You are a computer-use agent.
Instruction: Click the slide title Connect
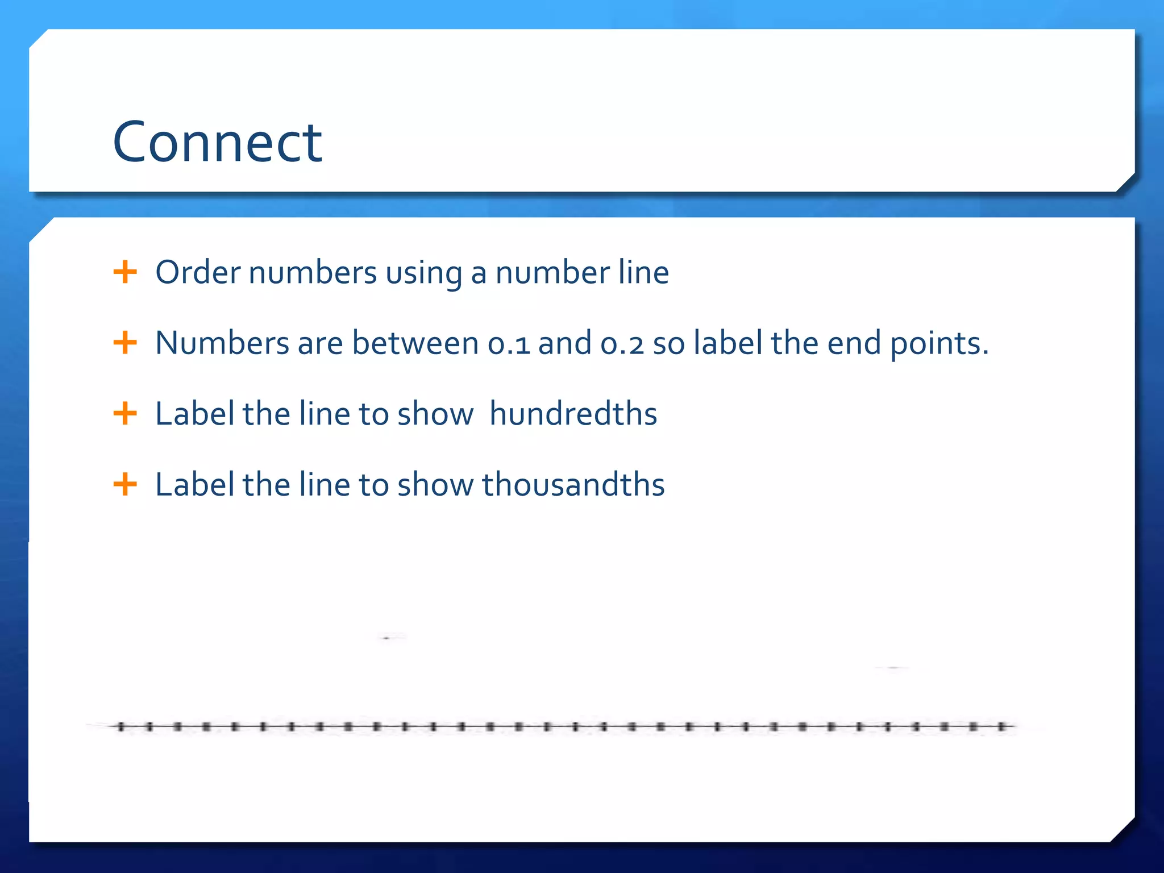point(218,142)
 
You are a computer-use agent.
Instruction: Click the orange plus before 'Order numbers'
point(125,272)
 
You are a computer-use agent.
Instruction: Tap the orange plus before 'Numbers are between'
point(125,343)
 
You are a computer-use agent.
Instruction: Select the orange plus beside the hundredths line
point(125,413)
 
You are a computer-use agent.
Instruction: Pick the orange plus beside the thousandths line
point(125,485)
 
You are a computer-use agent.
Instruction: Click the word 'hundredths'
point(573,413)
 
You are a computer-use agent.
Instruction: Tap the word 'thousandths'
point(573,485)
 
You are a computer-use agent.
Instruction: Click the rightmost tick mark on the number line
point(1001,726)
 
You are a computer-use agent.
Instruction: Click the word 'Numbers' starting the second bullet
point(222,343)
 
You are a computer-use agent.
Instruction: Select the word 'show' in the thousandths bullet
point(435,485)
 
